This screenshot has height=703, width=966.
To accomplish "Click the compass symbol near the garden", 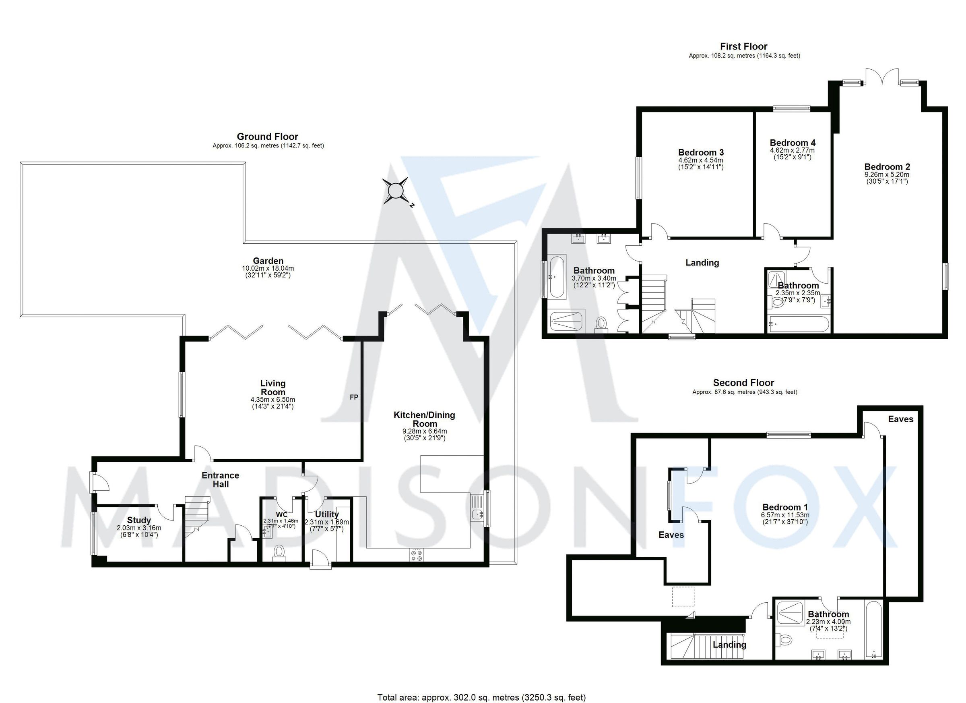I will click(x=396, y=191).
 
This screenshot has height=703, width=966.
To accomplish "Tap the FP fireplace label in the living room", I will click(x=354, y=397).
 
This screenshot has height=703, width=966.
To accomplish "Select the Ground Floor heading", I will click(x=268, y=137).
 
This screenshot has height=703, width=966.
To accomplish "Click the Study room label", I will click(x=139, y=520).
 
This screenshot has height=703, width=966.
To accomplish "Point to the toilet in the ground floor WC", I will click(x=279, y=552).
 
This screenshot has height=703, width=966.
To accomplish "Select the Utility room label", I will click(x=327, y=514).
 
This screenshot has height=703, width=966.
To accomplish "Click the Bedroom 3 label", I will click(x=701, y=152).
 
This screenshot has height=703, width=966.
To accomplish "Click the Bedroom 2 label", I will click(x=887, y=167).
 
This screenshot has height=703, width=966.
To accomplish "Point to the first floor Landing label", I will click(x=702, y=263).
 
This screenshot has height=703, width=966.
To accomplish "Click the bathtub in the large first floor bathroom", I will click(x=557, y=277).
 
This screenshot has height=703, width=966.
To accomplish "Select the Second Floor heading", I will click(x=744, y=383).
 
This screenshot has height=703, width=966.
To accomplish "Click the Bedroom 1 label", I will click(x=785, y=507).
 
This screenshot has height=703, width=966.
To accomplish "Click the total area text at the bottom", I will click(x=481, y=697).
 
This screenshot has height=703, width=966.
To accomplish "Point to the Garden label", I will click(x=268, y=261).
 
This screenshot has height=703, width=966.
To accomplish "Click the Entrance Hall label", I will click(x=221, y=479).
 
